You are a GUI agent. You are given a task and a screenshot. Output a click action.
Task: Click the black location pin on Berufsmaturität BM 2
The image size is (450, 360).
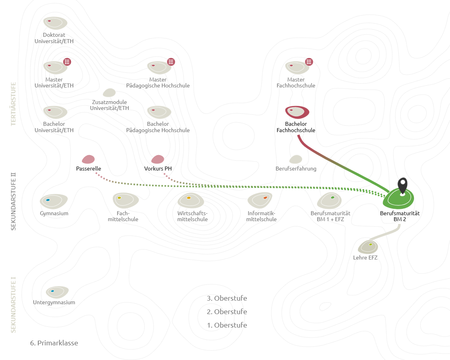click(403, 186)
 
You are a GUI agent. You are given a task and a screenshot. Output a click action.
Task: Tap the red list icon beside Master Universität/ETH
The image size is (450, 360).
click(67, 62)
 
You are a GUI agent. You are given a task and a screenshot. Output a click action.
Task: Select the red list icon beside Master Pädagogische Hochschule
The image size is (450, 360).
click(171, 62)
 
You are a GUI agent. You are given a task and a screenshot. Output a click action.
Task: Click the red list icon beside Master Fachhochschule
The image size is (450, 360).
click(309, 62)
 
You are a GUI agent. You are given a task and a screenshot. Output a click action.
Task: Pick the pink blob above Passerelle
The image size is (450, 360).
click(88, 159)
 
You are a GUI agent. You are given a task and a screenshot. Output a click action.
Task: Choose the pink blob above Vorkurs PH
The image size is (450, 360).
click(158, 159)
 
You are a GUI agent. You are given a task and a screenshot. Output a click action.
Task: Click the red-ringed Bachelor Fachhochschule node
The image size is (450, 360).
click(297, 112)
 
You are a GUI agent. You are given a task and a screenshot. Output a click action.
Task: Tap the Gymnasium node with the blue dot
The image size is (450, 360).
click(54, 201)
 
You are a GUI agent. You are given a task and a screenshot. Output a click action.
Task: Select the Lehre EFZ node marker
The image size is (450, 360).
click(368, 246)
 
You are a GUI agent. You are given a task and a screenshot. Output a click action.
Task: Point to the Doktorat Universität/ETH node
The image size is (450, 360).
click(55, 23)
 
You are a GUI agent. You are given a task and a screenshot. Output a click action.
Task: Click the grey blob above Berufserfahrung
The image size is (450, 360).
click(296, 159)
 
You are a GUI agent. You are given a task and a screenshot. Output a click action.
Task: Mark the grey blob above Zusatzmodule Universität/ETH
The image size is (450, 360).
click(109, 93)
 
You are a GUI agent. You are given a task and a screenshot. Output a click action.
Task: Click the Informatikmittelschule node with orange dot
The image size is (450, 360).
click(260, 200)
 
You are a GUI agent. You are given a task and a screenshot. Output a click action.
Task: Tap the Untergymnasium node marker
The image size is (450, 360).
click(57, 292)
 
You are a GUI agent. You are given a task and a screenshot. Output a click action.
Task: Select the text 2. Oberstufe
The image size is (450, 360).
click(227, 311)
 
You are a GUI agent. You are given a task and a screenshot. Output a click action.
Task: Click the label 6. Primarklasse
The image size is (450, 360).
click(54, 343)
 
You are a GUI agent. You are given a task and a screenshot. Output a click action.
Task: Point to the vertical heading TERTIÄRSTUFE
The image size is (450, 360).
click(13, 104)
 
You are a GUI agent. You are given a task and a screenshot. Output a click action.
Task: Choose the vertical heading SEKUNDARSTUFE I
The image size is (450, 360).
click(13, 305)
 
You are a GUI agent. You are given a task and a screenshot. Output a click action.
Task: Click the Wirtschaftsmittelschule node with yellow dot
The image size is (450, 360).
click(191, 200)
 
